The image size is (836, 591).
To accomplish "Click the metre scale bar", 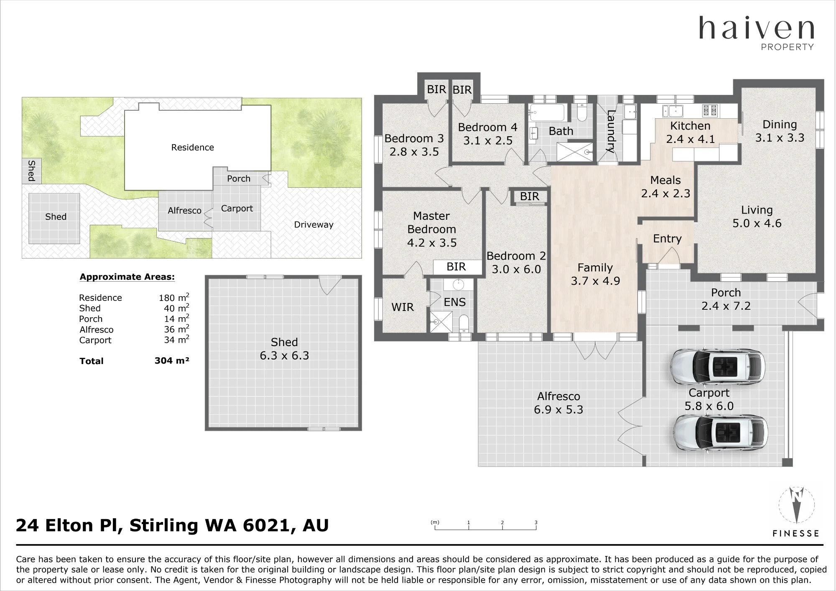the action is pos(485,526).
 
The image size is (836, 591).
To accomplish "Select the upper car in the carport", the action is pos(718,367).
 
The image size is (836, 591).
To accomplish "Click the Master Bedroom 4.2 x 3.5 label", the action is pos(432,229).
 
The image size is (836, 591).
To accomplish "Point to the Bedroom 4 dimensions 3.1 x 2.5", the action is pos(488,140).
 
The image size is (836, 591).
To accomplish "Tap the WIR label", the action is pos(403,307).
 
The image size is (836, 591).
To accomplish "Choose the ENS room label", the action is pos(455,302).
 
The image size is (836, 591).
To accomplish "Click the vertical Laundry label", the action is pos(610,131).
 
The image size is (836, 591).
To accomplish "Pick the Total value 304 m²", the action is pos(172,361).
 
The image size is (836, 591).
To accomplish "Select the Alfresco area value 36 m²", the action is pos(176,329).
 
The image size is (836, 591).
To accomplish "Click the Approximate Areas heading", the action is pos(127,277).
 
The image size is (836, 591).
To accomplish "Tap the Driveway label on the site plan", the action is pos(313,225).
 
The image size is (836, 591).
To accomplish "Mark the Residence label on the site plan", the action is pos(193,147).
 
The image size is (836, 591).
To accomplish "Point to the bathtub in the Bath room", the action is pos(547,112).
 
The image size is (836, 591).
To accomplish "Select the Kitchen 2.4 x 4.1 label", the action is pos(691,132).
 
